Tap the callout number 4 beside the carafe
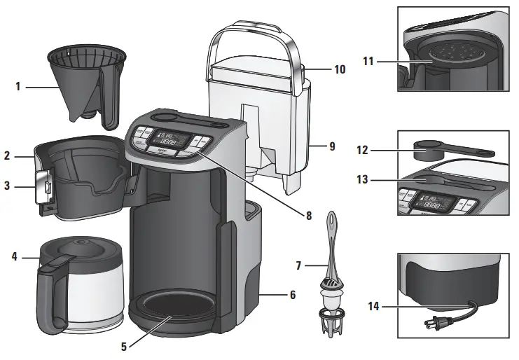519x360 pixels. coord(14,257)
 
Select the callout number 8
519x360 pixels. coord(307,215)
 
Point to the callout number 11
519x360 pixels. coord(368,62)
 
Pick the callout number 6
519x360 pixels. coord(292,295)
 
